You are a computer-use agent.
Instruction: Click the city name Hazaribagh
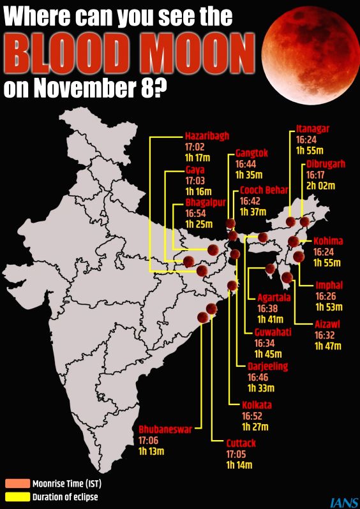[x=207, y=136]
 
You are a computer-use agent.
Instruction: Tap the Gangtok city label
[x=252, y=153]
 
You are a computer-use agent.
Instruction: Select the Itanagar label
[x=313, y=128]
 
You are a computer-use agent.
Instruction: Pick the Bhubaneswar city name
[x=165, y=429]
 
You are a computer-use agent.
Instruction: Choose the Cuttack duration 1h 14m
[x=239, y=466]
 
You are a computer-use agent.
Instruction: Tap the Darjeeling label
[x=267, y=366]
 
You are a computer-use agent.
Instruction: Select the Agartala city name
[x=274, y=297]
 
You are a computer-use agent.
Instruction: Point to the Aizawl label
[x=327, y=324]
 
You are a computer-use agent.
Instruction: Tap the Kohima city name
[x=328, y=241]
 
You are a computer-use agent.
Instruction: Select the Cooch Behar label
[x=264, y=190]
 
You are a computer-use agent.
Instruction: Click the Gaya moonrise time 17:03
[x=195, y=181]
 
